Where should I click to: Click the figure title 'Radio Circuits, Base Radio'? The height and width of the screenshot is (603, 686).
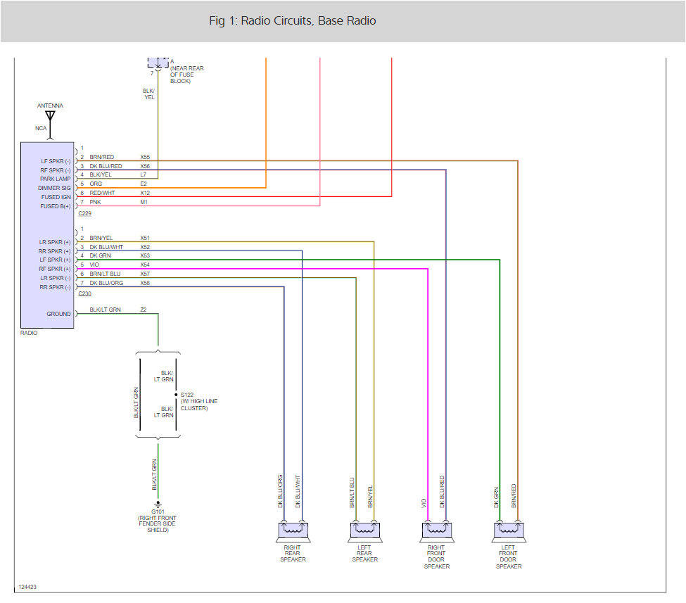pyautogui.click(x=293, y=21)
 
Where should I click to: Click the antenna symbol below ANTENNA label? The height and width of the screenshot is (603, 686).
pyautogui.click(x=50, y=117)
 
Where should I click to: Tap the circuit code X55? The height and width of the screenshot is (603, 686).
pyautogui.click(x=145, y=157)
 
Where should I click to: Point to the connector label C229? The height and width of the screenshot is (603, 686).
pyautogui.click(x=85, y=212)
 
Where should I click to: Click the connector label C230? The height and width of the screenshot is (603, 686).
pyautogui.click(x=85, y=293)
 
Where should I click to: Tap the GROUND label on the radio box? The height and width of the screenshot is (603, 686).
pyautogui.click(x=59, y=314)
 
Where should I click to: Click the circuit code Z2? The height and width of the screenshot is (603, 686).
pyautogui.click(x=144, y=310)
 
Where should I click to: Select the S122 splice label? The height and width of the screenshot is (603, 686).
pyautogui.click(x=187, y=395)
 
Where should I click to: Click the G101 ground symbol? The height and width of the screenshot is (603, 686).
pyautogui.click(x=158, y=504)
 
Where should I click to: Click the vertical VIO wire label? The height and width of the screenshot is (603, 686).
pyautogui.click(x=424, y=503)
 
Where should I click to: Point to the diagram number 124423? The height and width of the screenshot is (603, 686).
pyautogui.click(x=27, y=586)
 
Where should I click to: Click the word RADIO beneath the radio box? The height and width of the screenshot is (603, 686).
pyautogui.click(x=29, y=333)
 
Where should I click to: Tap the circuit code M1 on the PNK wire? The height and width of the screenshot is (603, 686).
pyautogui.click(x=144, y=202)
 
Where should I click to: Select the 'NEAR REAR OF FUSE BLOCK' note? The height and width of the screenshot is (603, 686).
pyautogui.click(x=186, y=75)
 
